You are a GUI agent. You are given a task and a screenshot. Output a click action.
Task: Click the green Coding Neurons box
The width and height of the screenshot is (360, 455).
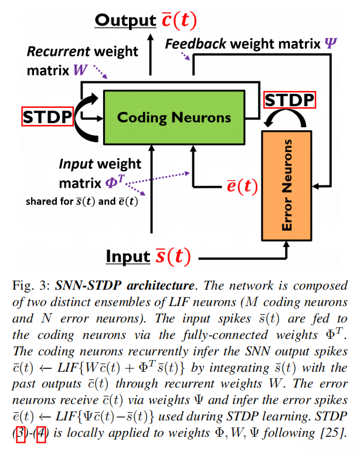[x=174, y=117]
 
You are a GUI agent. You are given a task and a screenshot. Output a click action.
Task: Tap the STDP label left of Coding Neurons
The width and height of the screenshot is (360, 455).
[x=47, y=117]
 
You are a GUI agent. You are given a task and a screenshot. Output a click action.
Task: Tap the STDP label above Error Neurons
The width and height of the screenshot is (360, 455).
[x=290, y=100]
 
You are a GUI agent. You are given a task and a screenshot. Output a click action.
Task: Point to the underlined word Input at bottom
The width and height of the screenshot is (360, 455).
[x=128, y=257]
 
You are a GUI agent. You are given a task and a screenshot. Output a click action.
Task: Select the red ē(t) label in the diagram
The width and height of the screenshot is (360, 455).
[x=242, y=186]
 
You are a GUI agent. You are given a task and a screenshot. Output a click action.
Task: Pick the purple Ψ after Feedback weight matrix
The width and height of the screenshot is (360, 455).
[x=332, y=43]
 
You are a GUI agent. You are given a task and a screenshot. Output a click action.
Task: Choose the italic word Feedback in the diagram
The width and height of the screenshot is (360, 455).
[x=196, y=43]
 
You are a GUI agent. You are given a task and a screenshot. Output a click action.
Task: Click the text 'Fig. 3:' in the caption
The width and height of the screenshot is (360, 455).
[x=30, y=287]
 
